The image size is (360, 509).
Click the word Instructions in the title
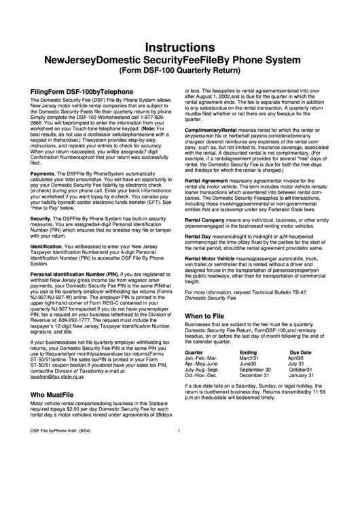179,48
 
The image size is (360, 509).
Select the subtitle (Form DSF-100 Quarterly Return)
179,71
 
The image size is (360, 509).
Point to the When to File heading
209,316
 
